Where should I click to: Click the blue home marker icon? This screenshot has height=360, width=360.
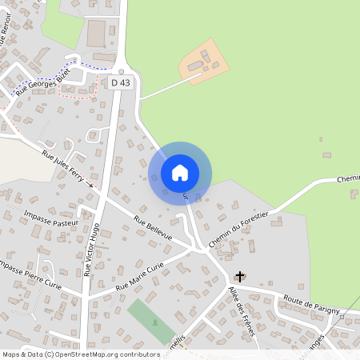coord(180,173)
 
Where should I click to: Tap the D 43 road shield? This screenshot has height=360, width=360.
coord(120,82)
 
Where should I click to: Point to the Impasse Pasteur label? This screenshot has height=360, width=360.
coord(51,215)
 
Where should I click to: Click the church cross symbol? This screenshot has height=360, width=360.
coord(238,276)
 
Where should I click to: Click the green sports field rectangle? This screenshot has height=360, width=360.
coord(150,321)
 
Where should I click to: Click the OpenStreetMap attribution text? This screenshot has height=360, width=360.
coord(80,354)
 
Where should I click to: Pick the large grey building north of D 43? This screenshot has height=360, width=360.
coord(97,34)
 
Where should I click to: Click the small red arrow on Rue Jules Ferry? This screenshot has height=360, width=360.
coord(90,185)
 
